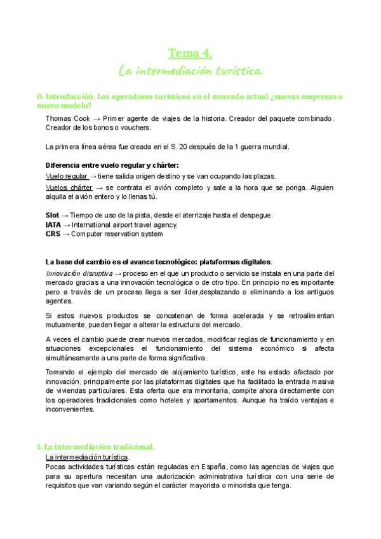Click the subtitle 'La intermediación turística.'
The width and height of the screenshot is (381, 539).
click(x=190, y=69)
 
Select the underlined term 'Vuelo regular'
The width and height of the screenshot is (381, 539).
click(x=67, y=176)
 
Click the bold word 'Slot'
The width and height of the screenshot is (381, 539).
click(x=53, y=215)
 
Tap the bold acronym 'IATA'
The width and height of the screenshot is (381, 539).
click(x=54, y=224)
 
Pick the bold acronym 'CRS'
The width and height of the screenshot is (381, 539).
click(x=53, y=234)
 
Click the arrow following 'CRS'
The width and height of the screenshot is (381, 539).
click(x=66, y=234)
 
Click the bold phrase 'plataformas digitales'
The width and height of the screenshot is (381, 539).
click(x=236, y=261)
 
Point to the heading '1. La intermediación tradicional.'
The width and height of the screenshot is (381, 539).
click(x=96, y=447)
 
